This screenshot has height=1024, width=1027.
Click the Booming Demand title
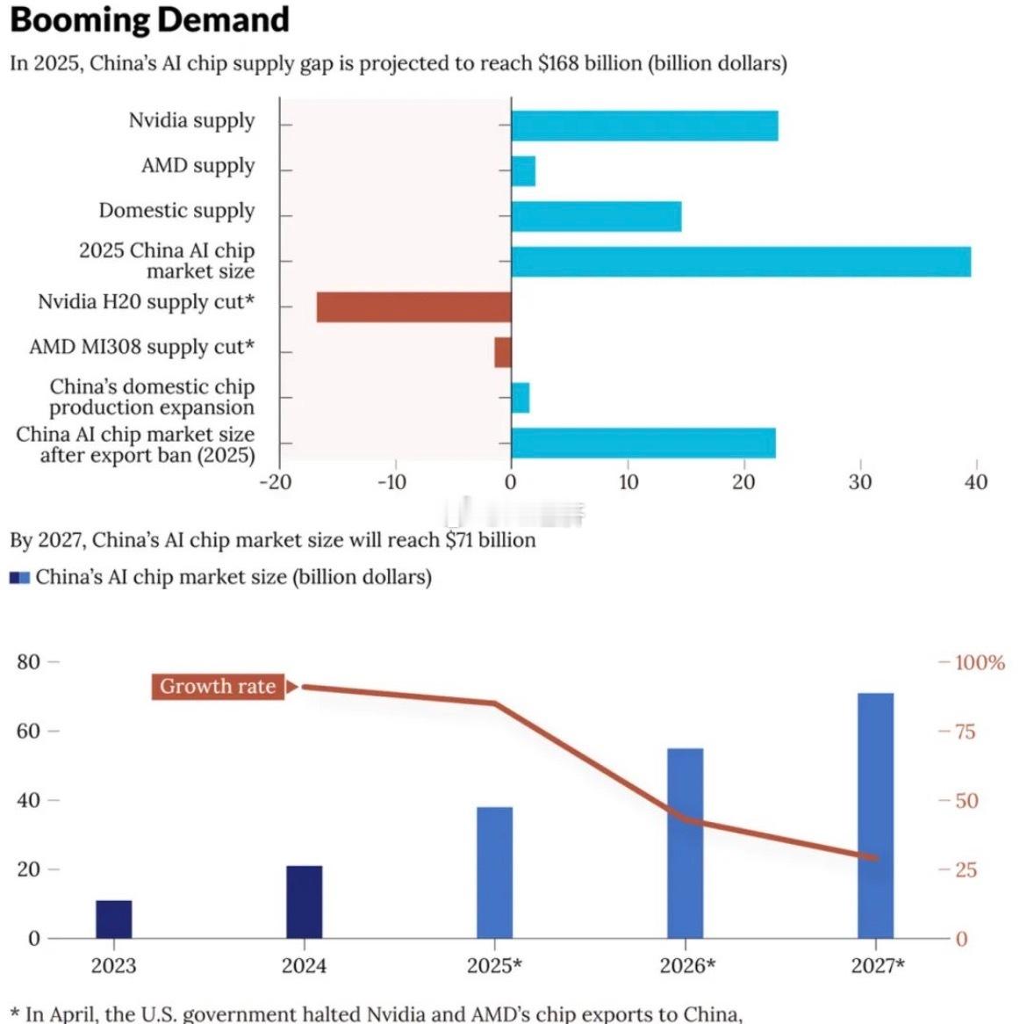pyautogui.click(x=149, y=19)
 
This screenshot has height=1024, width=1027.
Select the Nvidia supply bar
pyautogui.click(x=644, y=126)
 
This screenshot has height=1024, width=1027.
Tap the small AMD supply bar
pyautogui.click(x=523, y=171)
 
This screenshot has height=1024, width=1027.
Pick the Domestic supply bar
pyautogui.click(x=596, y=216)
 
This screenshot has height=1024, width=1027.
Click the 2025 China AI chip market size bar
pyautogui.click(x=741, y=262)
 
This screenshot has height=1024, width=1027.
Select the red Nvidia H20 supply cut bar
pyautogui.click(x=413, y=307)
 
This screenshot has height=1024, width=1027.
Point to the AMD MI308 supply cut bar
pyautogui.click(x=502, y=352)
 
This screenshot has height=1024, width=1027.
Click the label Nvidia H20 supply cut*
pyautogui.click(x=146, y=302)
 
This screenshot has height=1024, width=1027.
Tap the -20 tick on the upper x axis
pyautogui.click(x=275, y=481)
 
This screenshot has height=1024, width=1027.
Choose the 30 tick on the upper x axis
pyautogui.click(x=860, y=481)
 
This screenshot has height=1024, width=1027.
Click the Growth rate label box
pyautogui.click(x=218, y=687)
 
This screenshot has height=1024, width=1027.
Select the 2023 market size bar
pyautogui.click(x=113, y=919)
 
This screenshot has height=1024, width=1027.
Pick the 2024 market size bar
pyautogui.click(x=304, y=902)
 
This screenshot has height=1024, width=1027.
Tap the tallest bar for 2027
pyautogui.click(x=875, y=816)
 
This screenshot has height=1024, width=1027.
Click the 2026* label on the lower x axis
pyautogui.click(x=687, y=966)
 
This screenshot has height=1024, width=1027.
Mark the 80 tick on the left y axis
pyautogui.click(x=29, y=661)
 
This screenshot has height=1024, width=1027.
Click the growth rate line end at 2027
pyautogui.click(x=874, y=858)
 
